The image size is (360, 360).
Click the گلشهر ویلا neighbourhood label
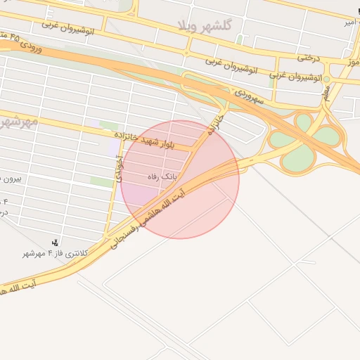click(205, 25)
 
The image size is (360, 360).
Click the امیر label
click(348, 23)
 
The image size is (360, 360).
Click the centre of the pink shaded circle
click(180, 179)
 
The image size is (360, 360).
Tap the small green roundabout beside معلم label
click(327, 79)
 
